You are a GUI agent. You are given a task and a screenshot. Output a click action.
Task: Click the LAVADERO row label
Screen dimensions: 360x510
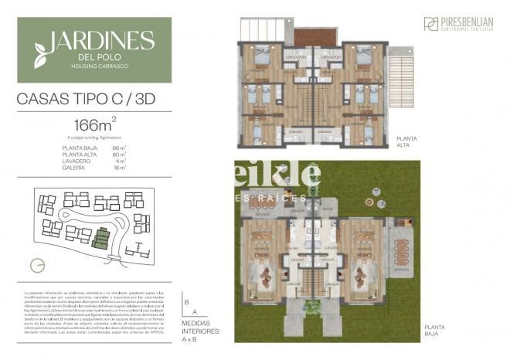click(76, 160)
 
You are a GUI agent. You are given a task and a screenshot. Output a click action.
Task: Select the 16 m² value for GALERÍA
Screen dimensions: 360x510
click(119, 167)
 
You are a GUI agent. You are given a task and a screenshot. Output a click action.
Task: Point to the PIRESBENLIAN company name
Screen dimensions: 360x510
click(467, 21)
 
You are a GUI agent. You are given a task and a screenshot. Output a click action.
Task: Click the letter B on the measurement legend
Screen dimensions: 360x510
click(186, 294)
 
